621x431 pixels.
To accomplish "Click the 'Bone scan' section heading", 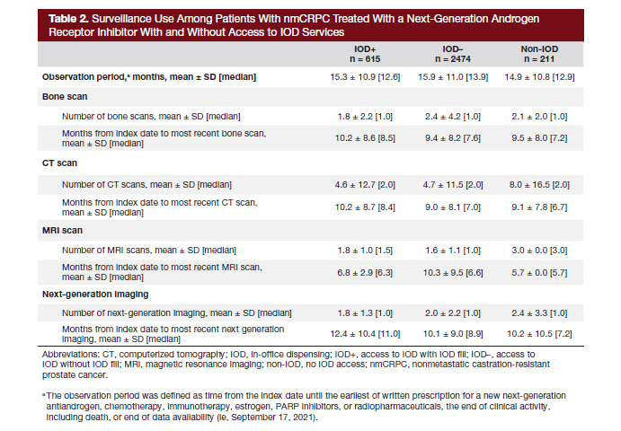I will [x=64, y=96].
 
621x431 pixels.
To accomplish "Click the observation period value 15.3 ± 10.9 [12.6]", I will [x=359, y=77].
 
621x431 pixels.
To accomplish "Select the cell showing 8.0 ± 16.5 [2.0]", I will [x=539, y=184].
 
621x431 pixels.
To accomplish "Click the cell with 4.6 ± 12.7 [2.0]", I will [x=359, y=184].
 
